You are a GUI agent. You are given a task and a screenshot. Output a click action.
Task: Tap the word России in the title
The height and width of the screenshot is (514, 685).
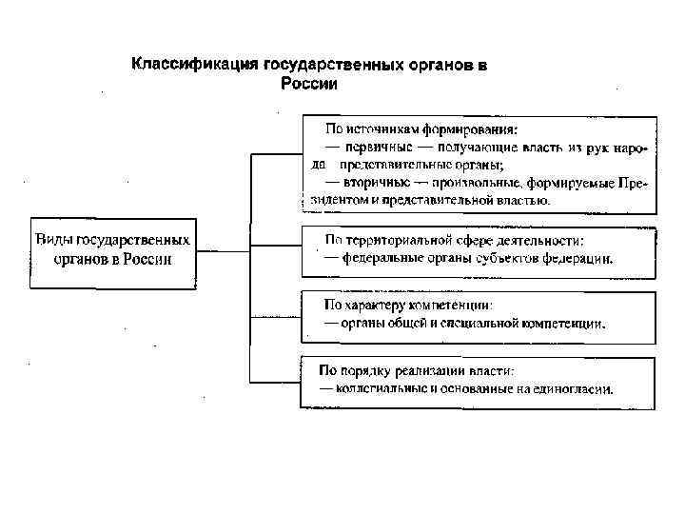pos(310,84)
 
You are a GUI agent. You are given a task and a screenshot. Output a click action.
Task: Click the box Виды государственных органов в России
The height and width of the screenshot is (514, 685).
pos(112,250)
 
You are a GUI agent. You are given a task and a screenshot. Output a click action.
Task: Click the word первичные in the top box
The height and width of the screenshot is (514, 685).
pos(382,147)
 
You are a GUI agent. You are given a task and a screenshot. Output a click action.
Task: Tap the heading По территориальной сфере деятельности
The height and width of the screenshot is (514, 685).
pos(455,240)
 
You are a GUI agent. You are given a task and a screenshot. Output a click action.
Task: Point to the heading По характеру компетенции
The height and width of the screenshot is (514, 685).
pos(409,306)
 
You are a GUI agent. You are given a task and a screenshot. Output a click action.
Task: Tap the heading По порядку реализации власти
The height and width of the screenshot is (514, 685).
pos(416,371)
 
